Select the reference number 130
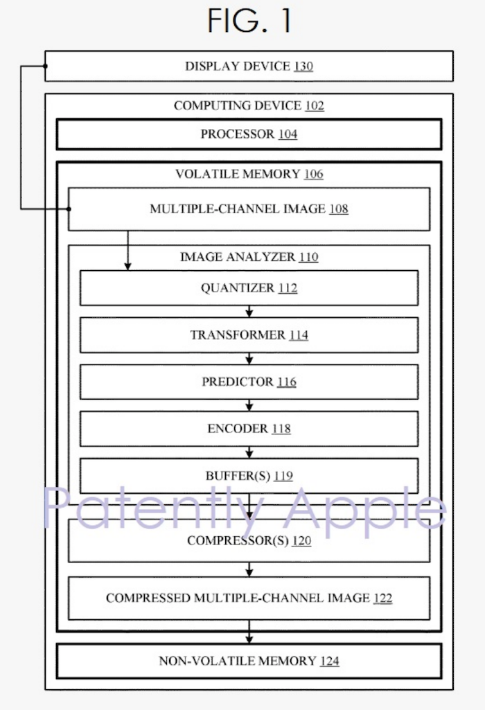tap(303, 66)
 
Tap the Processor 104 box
tap(249, 134)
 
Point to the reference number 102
tap(314, 106)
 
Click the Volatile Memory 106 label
tap(249, 174)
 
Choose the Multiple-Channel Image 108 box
tap(249, 208)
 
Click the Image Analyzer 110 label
tap(249, 257)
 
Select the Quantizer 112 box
tap(249, 288)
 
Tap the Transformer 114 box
tap(249, 335)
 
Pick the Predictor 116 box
tap(249, 382)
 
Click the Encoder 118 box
tap(249, 429)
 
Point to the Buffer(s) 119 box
tap(249, 476)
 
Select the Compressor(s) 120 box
tap(249, 540)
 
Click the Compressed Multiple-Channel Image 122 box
tap(249, 598)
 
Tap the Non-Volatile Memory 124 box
tap(249, 661)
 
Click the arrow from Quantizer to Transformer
tap(249, 312)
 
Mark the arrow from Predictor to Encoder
tap(249, 405)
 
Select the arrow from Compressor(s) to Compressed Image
tap(249, 569)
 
